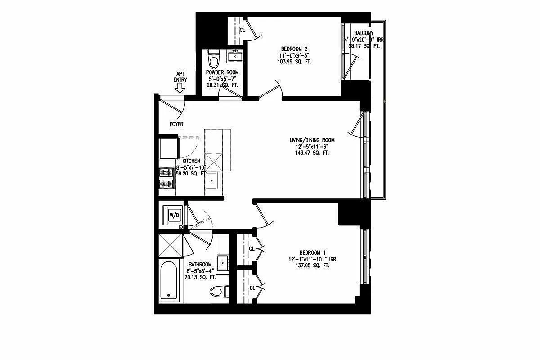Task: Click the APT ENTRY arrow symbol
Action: tap(180, 89)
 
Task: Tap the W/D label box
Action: tap(174, 215)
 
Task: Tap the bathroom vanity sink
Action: tap(222, 261)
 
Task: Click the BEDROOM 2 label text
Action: tap(294, 49)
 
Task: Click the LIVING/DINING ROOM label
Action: tap(312, 140)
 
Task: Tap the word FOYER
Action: tap(176, 124)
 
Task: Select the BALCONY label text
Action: tap(364, 33)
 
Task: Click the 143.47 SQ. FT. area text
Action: tap(312, 153)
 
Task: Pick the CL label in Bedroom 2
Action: tap(242, 31)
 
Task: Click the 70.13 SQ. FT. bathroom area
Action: tap(200, 278)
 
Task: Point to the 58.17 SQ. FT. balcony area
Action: tap(364, 46)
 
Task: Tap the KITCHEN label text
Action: tap(191, 161)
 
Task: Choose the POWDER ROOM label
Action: tap(222, 72)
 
